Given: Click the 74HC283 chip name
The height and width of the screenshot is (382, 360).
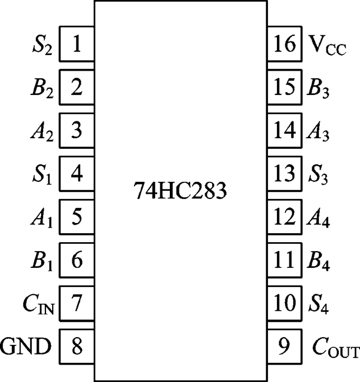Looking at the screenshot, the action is pyautogui.click(x=179, y=192).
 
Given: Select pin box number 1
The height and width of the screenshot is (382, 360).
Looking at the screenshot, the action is pyautogui.click(x=76, y=44).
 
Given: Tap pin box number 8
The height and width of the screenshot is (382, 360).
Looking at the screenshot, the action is pyautogui.click(x=76, y=346).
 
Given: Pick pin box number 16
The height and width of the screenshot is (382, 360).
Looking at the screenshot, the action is pyautogui.click(x=282, y=44).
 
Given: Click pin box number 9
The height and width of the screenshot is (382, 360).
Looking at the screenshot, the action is pyautogui.click(x=282, y=346).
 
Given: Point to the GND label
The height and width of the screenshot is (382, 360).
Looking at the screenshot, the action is pyautogui.click(x=27, y=346).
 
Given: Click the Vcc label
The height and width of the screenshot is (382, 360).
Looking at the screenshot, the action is pyautogui.click(x=328, y=45).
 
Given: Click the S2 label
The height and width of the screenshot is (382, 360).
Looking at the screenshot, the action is pyautogui.click(x=43, y=45).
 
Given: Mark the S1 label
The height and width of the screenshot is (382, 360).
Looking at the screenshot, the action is pyautogui.click(x=43, y=175).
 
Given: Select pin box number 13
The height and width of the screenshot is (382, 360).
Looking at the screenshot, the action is pyautogui.click(x=282, y=174).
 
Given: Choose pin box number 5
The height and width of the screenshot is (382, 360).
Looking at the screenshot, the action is pyautogui.click(x=76, y=217).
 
